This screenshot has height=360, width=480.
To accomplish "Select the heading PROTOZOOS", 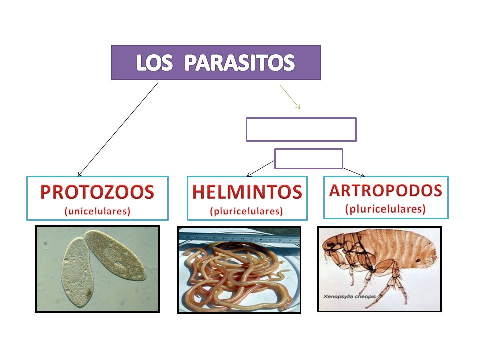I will tap(97, 192).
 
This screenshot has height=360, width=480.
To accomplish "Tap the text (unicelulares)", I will tap(97, 211).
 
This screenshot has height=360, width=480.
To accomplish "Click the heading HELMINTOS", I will tap(247, 192).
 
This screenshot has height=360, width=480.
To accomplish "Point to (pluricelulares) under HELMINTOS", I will tap(247, 211).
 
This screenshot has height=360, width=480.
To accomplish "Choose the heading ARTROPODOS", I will tap(385, 190).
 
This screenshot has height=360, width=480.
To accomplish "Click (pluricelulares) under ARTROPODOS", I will tap(385, 209).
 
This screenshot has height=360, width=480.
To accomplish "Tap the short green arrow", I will tap(290, 97).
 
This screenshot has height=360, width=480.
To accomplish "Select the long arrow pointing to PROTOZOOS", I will tap(118, 129).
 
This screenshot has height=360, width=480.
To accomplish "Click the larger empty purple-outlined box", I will tap(301, 129).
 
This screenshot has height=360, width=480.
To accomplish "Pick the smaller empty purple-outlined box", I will tap(309, 159).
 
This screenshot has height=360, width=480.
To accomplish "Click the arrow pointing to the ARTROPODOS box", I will tap(354, 172).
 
